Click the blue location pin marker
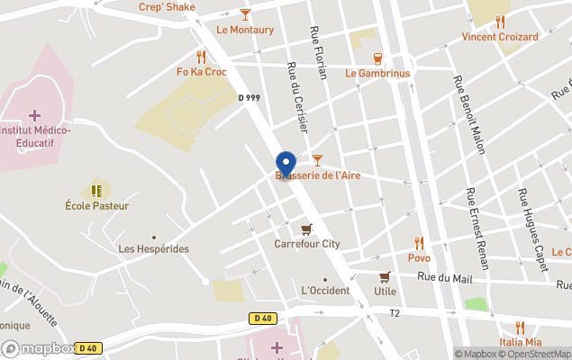(x=286, y=164)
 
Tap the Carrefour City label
(x=307, y=243)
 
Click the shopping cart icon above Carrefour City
(x=307, y=229)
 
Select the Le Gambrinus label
(x=377, y=73)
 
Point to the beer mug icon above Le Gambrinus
(x=377, y=58)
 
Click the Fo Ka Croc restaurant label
(x=202, y=72)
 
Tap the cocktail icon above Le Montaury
(x=245, y=14)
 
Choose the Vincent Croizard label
(x=500, y=37)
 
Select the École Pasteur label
(x=97, y=205)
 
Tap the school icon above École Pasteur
(x=97, y=190)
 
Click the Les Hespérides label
(x=154, y=248)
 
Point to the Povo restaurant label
(x=419, y=257)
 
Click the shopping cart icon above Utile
(x=385, y=276)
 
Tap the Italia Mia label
(x=521, y=342)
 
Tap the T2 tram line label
(x=394, y=313)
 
